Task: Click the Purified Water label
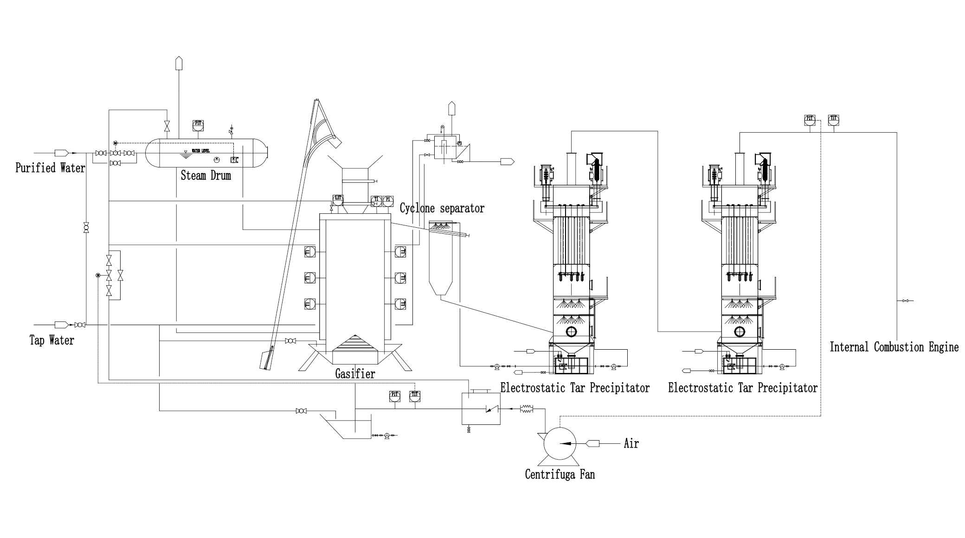pyautogui.click(x=50, y=167)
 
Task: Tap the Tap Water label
pyautogui.click(x=51, y=340)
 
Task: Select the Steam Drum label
pyautogui.click(x=206, y=175)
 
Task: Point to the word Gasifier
pyautogui.click(x=355, y=373)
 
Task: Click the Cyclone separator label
pyautogui.click(x=442, y=208)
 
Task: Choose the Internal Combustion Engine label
pyautogui.click(x=894, y=347)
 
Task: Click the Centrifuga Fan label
pyautogui.click(x=560, y=474)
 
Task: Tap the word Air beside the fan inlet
pyautogui.click(x=631, y=444)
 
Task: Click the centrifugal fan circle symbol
pyautogui.click(x=560, y=443)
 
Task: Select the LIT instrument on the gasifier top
pyautogui.click(x=338, y=199)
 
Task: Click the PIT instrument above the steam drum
pyautogui.click(x=198, y=124)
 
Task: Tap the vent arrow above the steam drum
pyautogui.click(x=179, y=63)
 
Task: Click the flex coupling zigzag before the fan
pyautogui.click(x=527, y=409)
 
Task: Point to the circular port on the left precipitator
pyautogui.click(x=570, y=332)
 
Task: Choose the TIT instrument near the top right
pyautogui.click(x=834, y=119)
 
